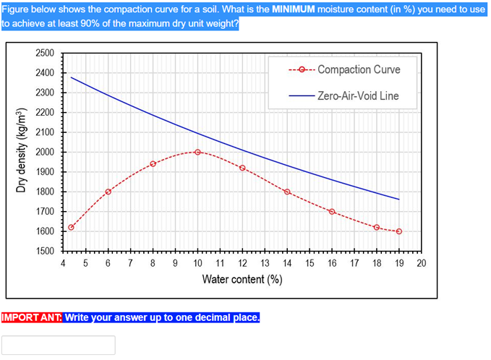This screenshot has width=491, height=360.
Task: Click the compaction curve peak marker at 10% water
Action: point(197,152)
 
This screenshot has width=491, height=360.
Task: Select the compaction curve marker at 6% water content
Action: point(108,192)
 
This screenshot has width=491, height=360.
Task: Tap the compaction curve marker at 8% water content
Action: point(153,163)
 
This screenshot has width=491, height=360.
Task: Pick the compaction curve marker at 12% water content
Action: point(242,168)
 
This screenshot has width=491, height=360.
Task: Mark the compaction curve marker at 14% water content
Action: point(287,192)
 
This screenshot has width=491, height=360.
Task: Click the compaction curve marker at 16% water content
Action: point(332,211)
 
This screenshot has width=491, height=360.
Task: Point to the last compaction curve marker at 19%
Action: point(399,231)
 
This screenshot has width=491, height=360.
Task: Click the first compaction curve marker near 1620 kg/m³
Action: point(71,227)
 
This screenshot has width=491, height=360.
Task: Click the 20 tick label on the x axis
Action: point(422,264)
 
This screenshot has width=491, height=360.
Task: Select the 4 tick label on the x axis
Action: point(64,264)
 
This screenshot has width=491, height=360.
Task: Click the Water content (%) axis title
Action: point(242,280)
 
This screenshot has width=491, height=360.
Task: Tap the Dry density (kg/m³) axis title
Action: point(22,153)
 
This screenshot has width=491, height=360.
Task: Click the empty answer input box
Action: point(58,345)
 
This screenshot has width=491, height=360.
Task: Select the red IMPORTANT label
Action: point(32,317)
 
